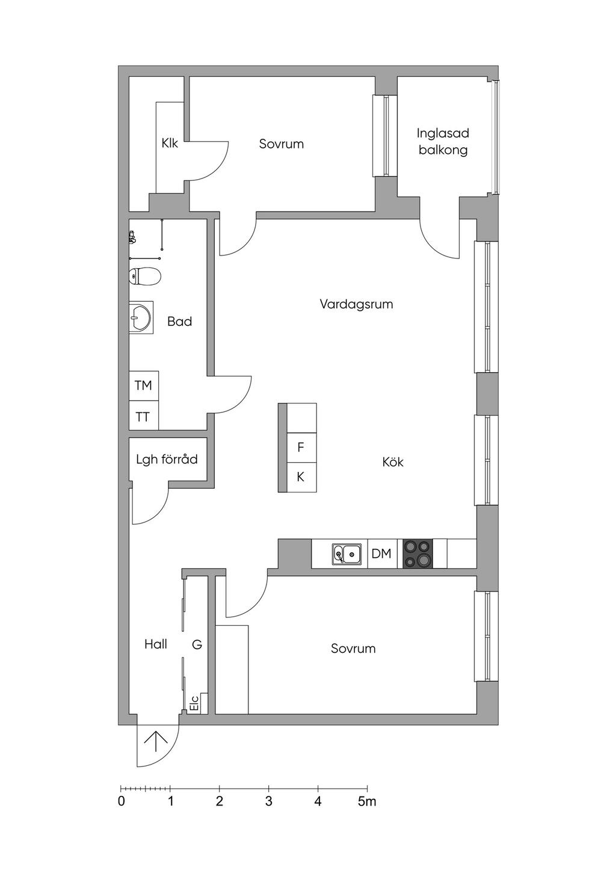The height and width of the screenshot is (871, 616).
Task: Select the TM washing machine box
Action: (144, 386)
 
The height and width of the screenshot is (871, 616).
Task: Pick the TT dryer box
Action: (144, 416)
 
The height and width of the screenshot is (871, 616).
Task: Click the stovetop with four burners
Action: (417, 554)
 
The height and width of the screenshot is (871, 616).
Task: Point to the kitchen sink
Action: (346, 554)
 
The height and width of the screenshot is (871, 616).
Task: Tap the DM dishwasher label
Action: (381, 554)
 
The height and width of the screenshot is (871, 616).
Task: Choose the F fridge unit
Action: (301, 448)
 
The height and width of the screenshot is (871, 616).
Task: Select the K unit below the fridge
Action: (301, 477)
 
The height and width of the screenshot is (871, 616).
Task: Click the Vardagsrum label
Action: (357, 304)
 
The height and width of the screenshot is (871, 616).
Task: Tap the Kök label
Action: (393, 462)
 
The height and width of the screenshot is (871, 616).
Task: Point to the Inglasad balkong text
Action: (443, 141)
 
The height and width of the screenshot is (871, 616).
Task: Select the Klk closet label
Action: (170, 143)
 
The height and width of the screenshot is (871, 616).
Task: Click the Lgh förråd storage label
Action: (167, 459)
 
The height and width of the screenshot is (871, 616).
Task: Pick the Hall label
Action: (156, 644)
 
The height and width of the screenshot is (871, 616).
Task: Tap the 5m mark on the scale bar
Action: (367, 801)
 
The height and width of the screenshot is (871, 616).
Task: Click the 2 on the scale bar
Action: (220, 801)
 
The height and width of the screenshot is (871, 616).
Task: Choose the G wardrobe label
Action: (197, 645)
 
